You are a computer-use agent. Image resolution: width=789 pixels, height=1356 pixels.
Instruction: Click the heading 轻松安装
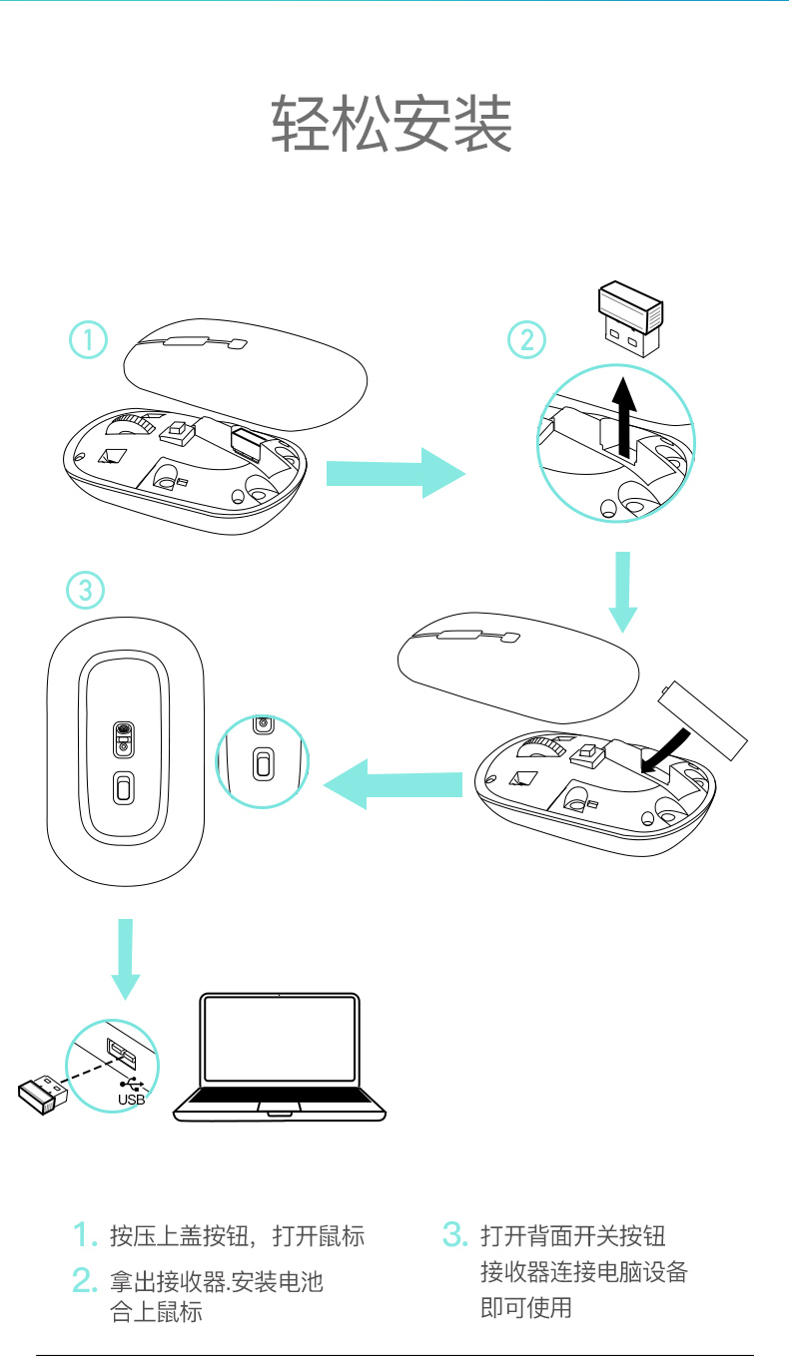[393, 126]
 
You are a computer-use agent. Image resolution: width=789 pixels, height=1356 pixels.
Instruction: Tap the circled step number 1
[88, 340]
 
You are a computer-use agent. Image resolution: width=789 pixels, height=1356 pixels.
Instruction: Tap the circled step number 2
[526, 340]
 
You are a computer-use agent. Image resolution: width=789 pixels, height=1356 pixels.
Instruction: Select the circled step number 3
[85, 591]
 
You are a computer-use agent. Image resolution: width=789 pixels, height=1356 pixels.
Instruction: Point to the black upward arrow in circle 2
[624, 417]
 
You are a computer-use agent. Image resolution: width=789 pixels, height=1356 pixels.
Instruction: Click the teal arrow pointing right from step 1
[395, 473]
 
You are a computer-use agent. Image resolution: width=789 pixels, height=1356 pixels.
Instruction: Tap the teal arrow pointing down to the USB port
[126, 958]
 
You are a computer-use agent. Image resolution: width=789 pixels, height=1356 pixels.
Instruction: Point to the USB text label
[131, 1100]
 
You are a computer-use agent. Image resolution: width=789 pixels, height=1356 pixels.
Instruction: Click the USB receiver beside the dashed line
[42, 1095]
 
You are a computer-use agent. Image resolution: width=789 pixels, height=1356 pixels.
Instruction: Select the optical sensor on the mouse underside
[124, 737]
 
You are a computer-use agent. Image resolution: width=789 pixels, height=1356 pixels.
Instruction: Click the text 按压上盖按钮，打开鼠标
[237, 1237]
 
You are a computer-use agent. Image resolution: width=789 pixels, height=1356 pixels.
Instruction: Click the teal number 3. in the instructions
[454, 1235]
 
